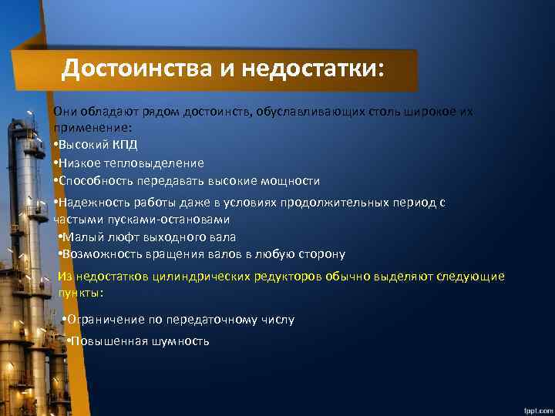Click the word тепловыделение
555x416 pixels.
(161, 163)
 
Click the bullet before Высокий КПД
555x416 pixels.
(55, 145)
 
